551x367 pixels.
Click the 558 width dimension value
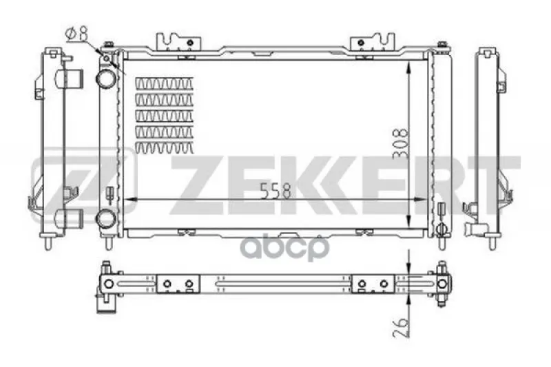tap(276, 191)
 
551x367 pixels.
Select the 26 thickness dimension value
tap(401, 327)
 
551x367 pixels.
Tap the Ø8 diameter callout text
tap(76, 34)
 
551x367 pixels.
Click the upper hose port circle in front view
tap(105, 78)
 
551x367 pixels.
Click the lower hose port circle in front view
tap(105, 219)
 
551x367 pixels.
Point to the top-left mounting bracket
tap(178, 42)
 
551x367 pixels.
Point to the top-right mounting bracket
tap(373, 42)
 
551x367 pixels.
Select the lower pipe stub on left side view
tap(69, 218)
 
